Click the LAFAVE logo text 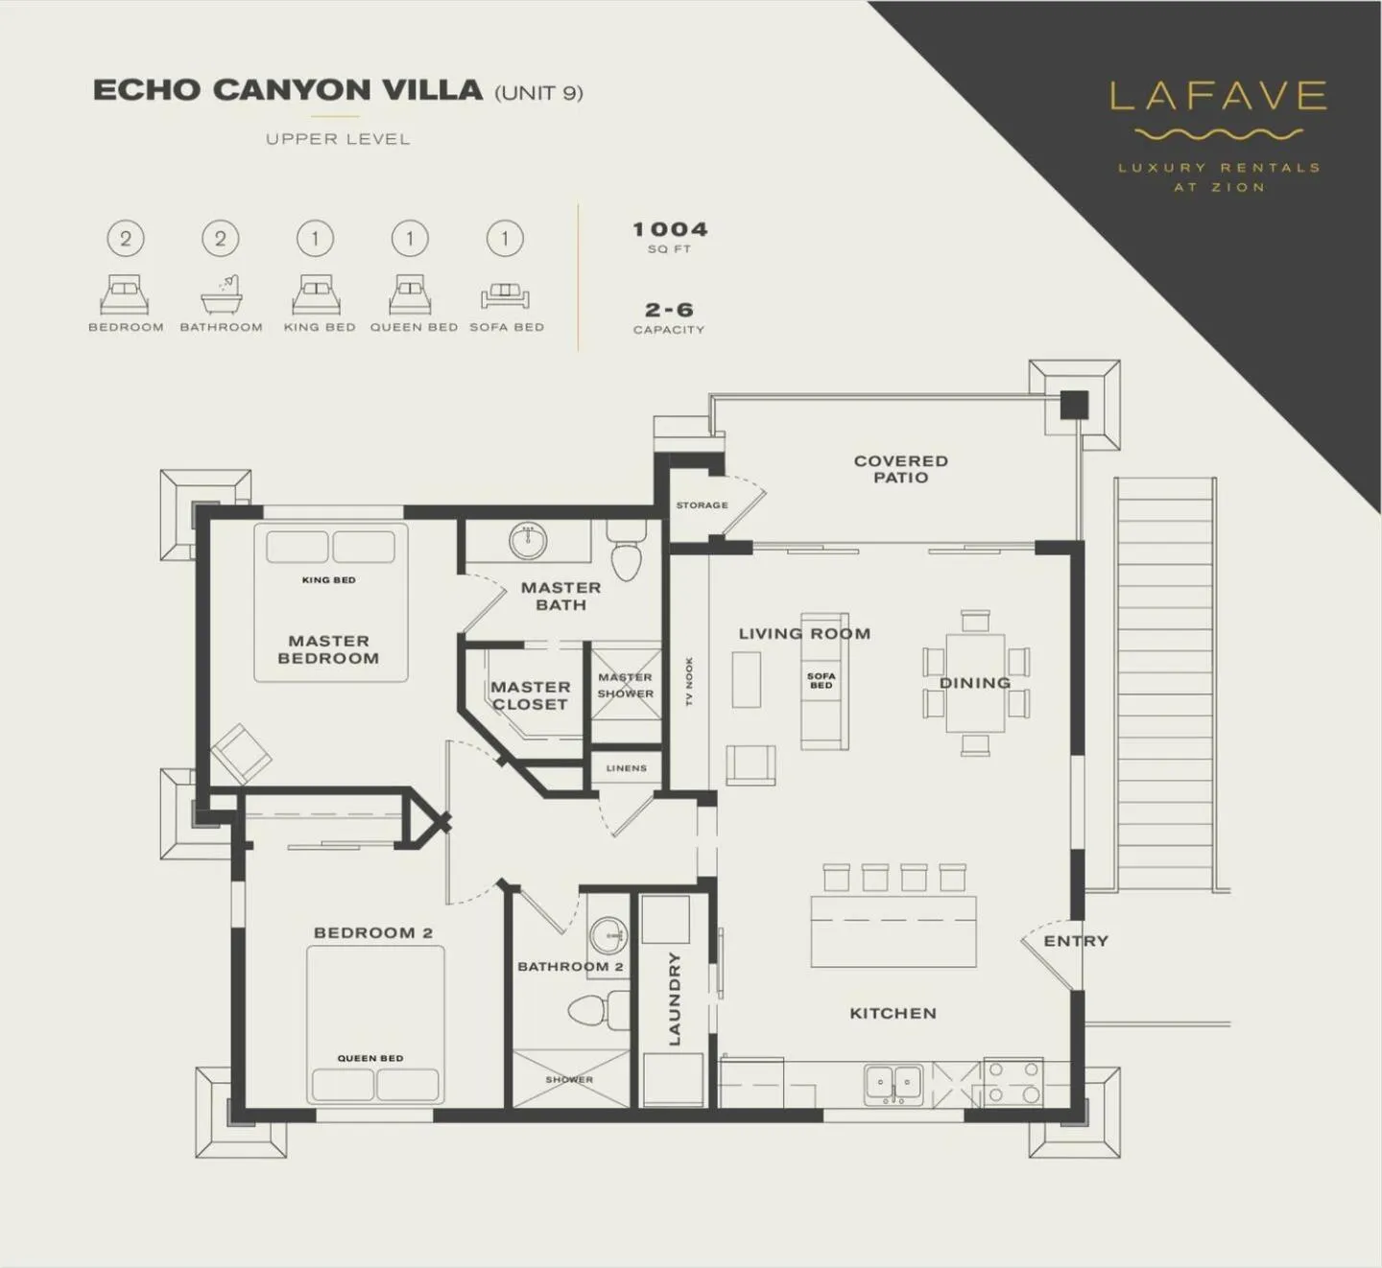(x=1218, y=96)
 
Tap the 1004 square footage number (x=670, y=229)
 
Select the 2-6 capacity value (x=669, y=310)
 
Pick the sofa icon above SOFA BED (x=506, y=295)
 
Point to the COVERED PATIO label (x=900, y=469)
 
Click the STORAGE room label (x=702, y=505)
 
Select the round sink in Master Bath (x=527, y=541)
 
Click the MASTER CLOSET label (x=530, y=695)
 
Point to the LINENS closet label (x=626, y=768)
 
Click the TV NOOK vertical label (x=689, y=682)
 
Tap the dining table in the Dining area (x=975, y=682)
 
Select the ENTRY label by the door (x=1075, y=941)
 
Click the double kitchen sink (x=893, y=1083)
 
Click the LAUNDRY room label (x=674, y=998)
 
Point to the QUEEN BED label (x=369, y=1058)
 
